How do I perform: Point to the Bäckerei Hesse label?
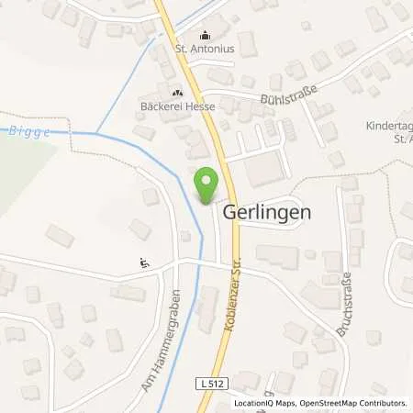tap(177, 106)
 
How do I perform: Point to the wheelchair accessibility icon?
tap(144, 262)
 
